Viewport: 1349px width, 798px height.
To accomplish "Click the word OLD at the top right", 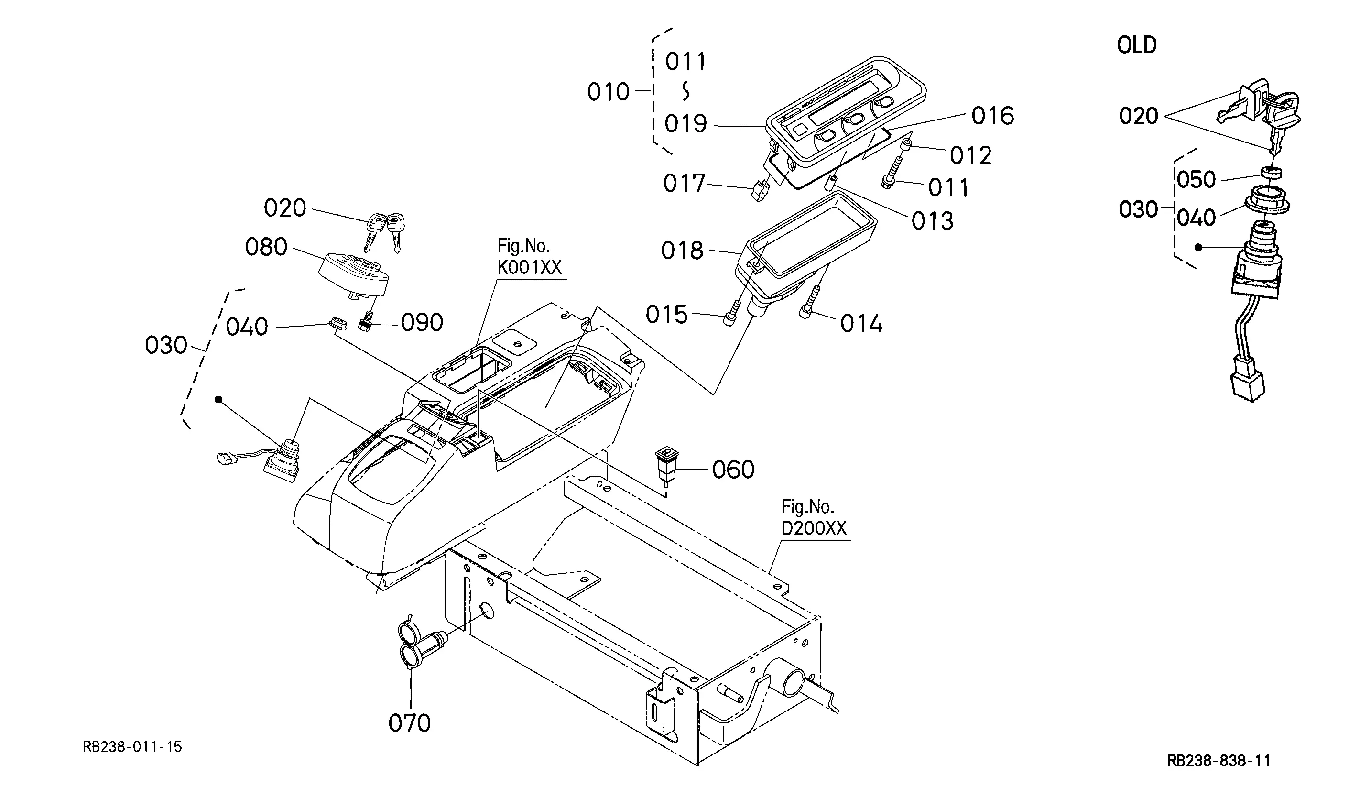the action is coord(1137,45).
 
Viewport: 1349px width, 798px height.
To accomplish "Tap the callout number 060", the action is coord(733,470).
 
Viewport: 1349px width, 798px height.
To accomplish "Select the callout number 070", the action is coord(410,723).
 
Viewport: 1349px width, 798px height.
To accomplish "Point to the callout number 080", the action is coord(266,247).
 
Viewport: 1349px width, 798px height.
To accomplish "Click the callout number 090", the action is coord(422,323).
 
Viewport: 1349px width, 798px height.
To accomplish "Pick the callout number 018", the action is coord(682,251).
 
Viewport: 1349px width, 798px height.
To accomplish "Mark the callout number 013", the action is coord(933,221).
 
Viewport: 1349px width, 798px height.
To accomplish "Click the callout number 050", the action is coord(1197,180).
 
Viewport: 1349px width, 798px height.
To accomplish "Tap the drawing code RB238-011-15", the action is coord(132,747).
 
